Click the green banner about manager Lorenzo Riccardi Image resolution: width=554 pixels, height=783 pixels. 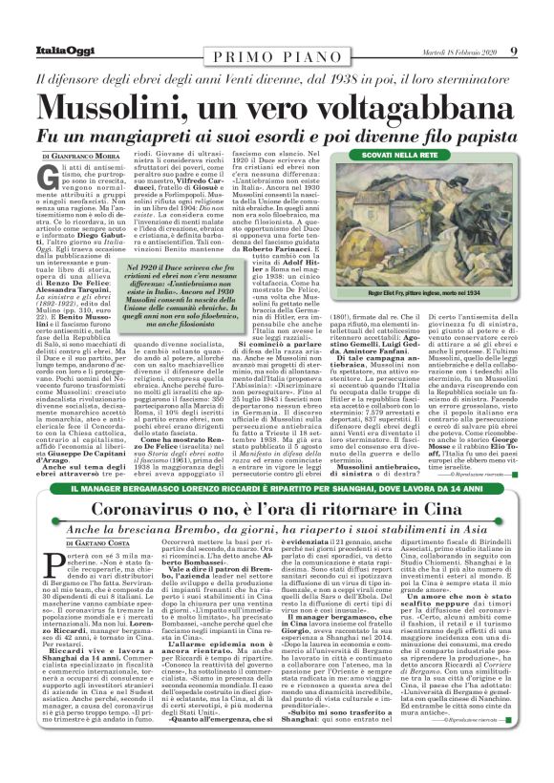click(276, 488)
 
